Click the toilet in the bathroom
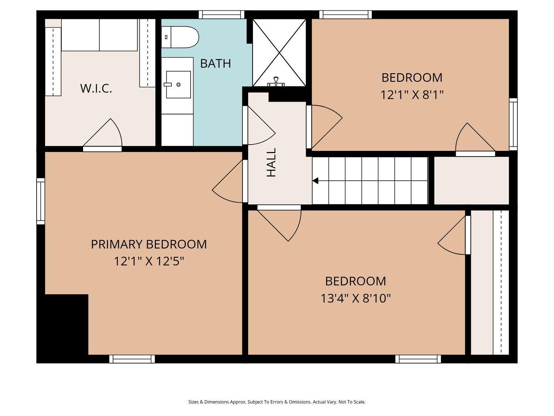point(180,37)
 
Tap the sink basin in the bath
point(178,84)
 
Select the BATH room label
point(215,63)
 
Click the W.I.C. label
point(96,88)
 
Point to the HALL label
point(271,162)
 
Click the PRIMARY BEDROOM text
point(149,244)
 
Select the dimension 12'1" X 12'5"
point(149,261)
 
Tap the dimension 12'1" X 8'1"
point(412,95)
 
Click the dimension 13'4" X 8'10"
point(355,298)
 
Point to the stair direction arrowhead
point(315,181)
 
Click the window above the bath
point(222,14)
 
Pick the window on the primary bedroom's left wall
point(41,201)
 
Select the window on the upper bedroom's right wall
point(513,124)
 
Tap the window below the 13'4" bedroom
point(418,359)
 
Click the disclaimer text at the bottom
point(277,402)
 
